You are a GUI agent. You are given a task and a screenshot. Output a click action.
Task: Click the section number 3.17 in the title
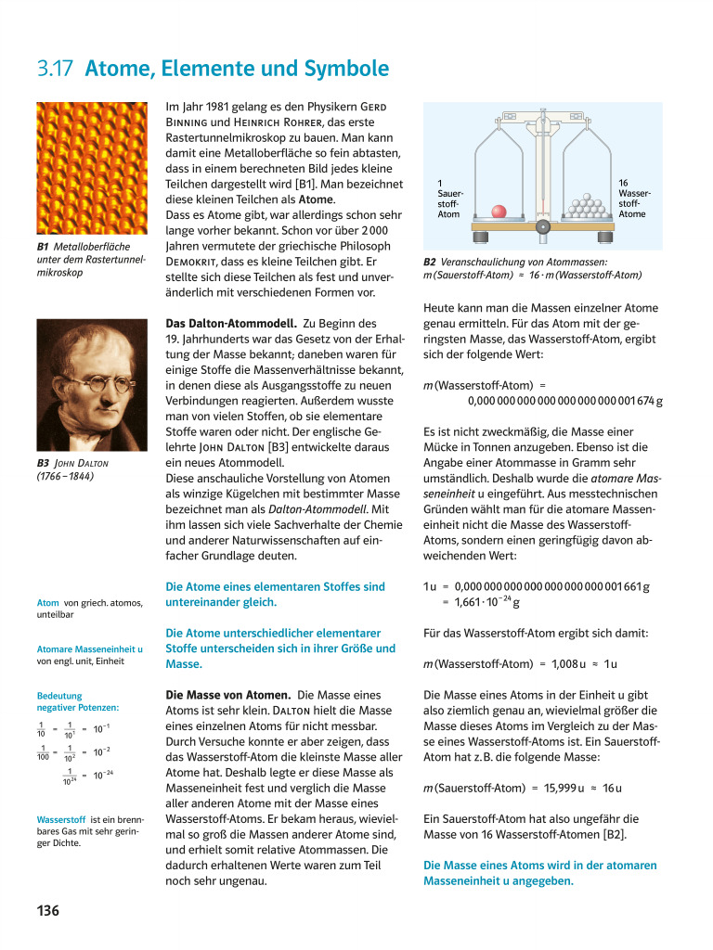56,70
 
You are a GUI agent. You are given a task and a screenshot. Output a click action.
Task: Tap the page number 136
48,910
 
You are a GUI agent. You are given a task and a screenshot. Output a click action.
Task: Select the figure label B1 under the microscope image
44,247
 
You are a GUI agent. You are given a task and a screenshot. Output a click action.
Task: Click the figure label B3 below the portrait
44,462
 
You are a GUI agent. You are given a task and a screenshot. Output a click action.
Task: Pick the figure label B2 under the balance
431,262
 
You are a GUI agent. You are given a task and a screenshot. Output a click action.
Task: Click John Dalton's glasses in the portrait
90,379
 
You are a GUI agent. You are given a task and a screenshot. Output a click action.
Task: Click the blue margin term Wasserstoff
61,820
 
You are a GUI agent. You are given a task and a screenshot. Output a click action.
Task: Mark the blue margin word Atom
48,603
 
